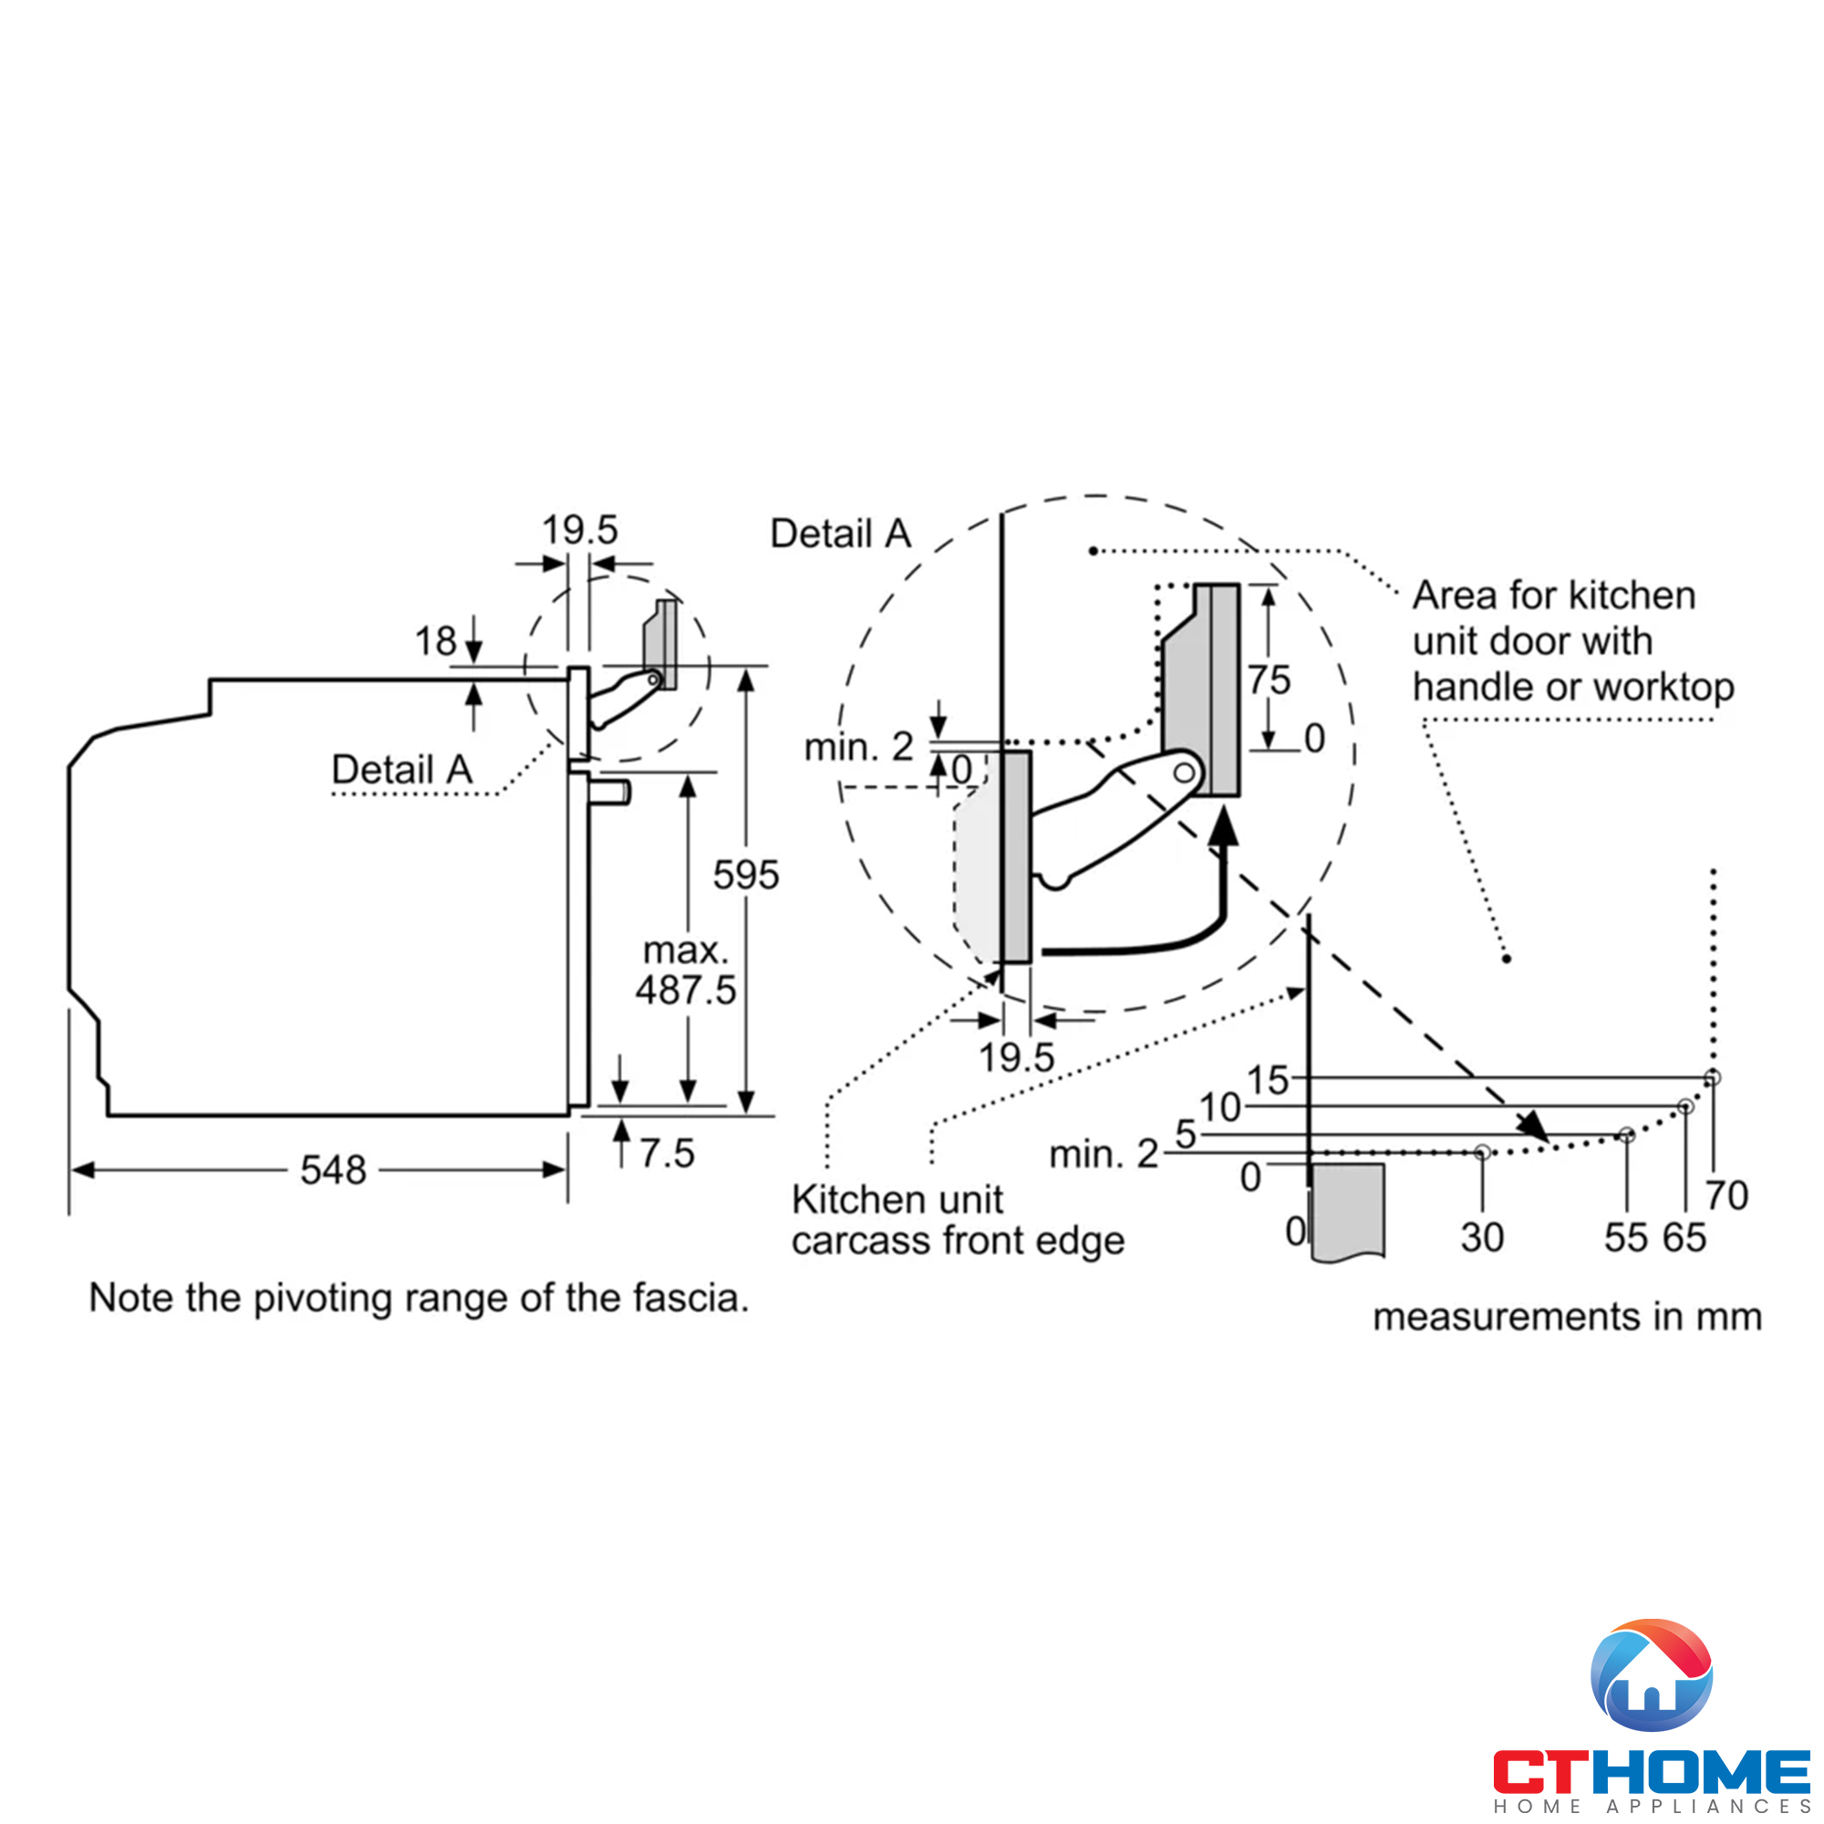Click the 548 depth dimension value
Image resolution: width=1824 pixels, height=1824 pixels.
tap(332, 1171)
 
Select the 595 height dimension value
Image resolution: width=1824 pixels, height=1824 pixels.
tap(746, 876)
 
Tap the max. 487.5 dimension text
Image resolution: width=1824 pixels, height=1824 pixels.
tap(686, 970)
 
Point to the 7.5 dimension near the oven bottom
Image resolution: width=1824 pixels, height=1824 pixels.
tap(667, 1154)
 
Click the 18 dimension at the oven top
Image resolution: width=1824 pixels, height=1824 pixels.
tap(435, 642)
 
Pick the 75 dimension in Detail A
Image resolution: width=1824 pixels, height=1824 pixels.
tap(1269, 679)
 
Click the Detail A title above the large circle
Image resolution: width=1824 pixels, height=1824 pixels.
tap(840, 534)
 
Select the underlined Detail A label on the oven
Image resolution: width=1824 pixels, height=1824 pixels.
tap(401, 770)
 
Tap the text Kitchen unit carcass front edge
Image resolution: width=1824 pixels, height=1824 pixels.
tap(958, 1219)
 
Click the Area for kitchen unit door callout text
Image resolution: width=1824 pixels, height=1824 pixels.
tap(1572, 641)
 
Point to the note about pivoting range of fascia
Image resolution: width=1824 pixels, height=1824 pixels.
tap(419, 1298)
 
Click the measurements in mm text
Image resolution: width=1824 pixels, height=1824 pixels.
tap(1567, 1317)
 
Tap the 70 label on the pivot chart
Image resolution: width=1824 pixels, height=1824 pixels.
tap(1726, 1197)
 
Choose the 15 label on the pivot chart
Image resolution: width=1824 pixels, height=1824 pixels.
tap(1268, 1080)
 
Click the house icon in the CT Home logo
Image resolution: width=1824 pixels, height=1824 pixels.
tap(1652, 1675)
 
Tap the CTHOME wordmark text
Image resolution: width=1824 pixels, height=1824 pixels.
tap(1652, 1771)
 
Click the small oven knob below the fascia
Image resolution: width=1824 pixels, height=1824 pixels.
tap(610, 791)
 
